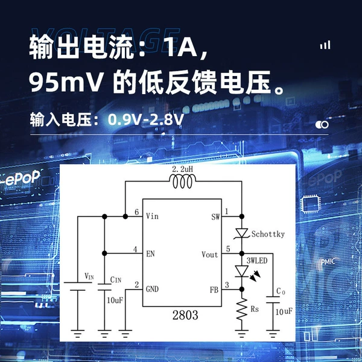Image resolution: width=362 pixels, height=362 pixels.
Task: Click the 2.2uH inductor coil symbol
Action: point(182,181)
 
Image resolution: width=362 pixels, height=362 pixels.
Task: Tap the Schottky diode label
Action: point(268,234)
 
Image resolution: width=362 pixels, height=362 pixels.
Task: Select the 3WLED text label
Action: point(257,261)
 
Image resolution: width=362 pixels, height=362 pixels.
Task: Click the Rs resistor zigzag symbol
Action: point(242,309)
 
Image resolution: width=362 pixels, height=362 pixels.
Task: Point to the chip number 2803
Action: point(185,315)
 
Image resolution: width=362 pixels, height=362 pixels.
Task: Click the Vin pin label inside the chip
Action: point(152,216)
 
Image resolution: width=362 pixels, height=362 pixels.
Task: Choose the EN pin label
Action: point(150,254)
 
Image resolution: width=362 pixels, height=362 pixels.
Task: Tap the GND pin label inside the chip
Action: point(152,289)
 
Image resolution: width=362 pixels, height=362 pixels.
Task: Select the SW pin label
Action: point(215,217)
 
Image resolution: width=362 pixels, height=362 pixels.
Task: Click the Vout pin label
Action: point(209,255)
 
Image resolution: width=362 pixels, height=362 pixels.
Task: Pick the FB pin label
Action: point(214,290)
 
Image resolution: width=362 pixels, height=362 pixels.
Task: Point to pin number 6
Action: point(137,212)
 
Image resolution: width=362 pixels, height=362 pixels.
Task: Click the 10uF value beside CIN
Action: point(115,300)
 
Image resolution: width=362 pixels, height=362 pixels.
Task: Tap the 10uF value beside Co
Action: point(284,312)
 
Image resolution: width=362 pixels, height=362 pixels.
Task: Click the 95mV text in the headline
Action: point(66,83)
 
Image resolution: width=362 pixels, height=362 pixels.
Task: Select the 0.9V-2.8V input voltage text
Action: point(146,119)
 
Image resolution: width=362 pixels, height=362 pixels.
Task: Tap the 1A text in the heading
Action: point(182,46)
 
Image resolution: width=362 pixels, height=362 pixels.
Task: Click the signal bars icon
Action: point(325,45)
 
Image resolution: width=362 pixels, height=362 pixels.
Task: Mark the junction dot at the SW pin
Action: point(242,217)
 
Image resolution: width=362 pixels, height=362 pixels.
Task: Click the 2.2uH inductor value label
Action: point(182,170)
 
